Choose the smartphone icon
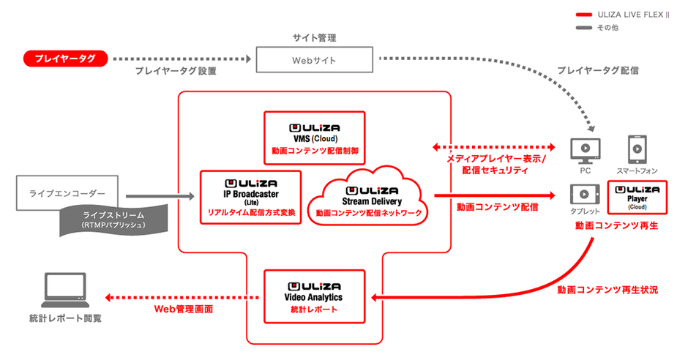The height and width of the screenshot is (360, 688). click(x=637, y=150)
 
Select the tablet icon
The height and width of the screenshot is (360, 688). click(x=586, y=195)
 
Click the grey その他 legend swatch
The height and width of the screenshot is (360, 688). click(x=584, y=28)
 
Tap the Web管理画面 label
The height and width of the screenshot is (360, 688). click(x=183, y=310)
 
